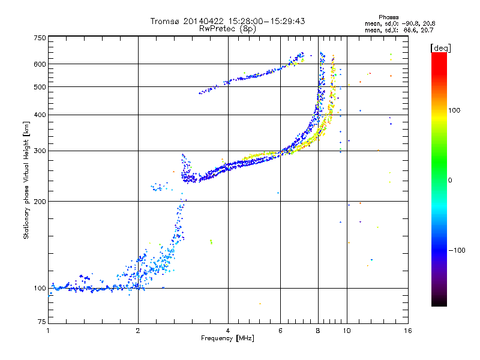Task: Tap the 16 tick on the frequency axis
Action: point(407,331)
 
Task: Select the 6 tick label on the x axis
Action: point(280,331)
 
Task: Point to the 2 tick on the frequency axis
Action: point(138,331)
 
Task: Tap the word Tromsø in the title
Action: point(166,21)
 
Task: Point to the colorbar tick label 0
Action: point(449,180)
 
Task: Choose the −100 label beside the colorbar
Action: point(457,250)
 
